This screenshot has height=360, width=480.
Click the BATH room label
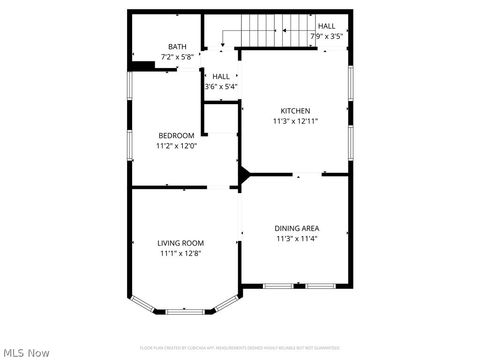click(177, 46)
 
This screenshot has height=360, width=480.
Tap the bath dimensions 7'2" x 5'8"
click(177, 57)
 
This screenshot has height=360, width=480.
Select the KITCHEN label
click(295, 111)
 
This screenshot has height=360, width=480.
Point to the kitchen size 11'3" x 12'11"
click(295, 121)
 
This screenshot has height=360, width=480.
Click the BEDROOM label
click(176, 135)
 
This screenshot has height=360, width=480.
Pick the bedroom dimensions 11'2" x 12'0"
click(176, 146)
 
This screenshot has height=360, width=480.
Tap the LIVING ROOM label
click(180, 243)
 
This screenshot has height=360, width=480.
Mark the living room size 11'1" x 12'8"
click(180, 253)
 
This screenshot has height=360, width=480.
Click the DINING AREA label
click(297, 229)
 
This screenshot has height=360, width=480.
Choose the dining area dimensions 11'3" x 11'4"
click(297, 239)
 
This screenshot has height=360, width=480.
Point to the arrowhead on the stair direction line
click(222, 44)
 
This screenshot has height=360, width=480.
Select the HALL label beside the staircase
click(327, 26)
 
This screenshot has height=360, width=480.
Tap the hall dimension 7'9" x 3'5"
click(327, 36)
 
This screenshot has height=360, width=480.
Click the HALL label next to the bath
click(221, 76)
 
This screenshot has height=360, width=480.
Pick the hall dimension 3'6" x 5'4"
click(221, 86)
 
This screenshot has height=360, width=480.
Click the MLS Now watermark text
click(27, 352)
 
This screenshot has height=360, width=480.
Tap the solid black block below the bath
click(141, 67)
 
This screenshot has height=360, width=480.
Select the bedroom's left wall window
click(129, 142)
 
